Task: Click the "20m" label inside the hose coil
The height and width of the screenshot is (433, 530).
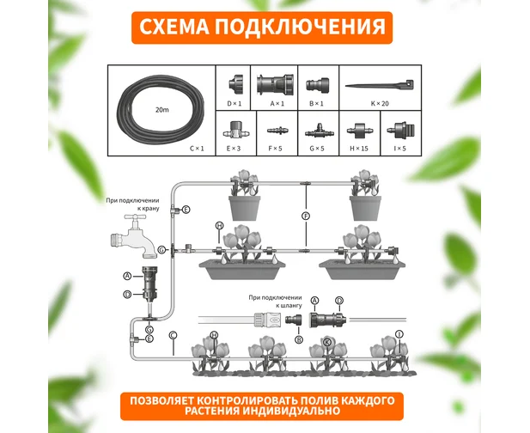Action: pos(161,110)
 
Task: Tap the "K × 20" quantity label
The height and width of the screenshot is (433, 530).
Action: pos(380,103)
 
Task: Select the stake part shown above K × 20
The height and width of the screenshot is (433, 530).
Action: pos(380,84)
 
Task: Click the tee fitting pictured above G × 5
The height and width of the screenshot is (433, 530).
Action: pos(319,131)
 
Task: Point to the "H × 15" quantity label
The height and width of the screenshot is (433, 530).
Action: pos(359,148)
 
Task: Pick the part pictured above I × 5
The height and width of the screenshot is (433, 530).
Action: pos(400,130)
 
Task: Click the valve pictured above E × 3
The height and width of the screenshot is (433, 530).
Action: pos(234,130)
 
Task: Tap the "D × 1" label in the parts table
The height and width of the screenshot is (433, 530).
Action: pos(235,103)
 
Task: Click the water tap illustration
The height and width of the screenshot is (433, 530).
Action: pos(134,236)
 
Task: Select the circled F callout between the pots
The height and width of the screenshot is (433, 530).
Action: pos(306,216)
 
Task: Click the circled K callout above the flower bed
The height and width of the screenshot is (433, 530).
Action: pos(327,342)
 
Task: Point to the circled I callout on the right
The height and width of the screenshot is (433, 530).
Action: pos(399,334)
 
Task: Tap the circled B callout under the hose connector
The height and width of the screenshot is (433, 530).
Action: pos(299,339)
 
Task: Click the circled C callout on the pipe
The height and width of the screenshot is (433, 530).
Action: pos(173,335)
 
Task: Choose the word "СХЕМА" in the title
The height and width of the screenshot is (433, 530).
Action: pos(174,27)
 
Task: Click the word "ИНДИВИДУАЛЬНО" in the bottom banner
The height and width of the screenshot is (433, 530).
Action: pos(291,411)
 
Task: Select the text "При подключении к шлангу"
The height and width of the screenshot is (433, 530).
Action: pos(275,302)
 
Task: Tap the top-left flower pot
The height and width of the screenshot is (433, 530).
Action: pos(245,208)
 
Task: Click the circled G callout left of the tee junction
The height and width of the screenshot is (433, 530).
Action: pos(162,250)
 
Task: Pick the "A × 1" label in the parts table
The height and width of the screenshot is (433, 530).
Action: pos(277,103)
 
